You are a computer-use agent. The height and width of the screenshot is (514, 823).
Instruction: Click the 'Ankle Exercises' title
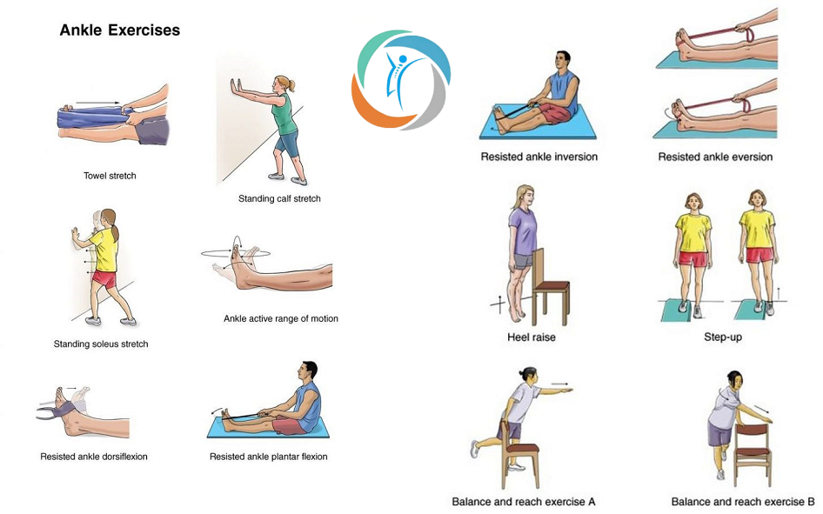120,30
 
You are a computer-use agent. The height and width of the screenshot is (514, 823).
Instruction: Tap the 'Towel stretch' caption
110,176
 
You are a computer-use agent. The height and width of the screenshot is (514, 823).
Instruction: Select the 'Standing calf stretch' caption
279,198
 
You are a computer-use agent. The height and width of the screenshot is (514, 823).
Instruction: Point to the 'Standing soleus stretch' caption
101,344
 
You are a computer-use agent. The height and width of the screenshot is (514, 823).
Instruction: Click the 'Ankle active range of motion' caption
281,318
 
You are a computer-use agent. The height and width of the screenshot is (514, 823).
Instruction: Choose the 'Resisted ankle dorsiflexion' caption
94,457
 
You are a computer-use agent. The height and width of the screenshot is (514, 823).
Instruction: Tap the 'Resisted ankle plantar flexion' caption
268,457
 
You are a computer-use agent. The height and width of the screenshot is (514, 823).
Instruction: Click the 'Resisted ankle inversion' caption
539,157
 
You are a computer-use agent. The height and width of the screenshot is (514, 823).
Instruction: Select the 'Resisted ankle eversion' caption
715,157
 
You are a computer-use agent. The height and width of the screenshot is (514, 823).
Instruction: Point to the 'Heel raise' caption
532,337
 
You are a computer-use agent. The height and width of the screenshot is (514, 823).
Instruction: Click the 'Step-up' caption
723,337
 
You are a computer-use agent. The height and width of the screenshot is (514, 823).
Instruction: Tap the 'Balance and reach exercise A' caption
524,502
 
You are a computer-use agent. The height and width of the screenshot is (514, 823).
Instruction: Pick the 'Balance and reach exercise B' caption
743,502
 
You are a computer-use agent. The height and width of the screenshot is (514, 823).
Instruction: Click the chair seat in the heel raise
551,286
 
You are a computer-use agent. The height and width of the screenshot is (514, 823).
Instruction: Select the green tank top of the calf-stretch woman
284,114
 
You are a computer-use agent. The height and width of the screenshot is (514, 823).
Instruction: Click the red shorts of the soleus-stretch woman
104,278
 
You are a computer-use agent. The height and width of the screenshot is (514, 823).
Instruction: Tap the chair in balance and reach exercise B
753,449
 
